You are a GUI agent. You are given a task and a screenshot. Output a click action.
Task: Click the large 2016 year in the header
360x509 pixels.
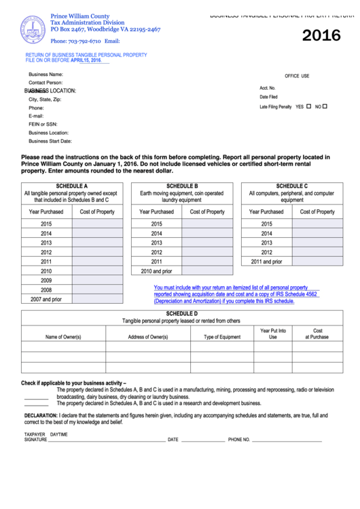321,36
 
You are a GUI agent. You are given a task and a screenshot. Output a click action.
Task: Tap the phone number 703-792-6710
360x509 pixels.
80,41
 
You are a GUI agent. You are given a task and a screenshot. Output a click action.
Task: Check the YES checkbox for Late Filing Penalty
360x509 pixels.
309,106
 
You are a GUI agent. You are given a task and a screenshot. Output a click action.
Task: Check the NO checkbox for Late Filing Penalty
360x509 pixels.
325,106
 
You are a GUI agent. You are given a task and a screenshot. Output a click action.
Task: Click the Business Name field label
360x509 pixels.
46,74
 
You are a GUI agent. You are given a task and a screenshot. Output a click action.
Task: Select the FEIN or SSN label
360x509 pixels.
43,124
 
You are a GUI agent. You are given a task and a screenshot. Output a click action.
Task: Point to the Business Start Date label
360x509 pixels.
50,141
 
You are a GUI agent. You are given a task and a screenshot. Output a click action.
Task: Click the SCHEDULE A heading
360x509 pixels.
72,186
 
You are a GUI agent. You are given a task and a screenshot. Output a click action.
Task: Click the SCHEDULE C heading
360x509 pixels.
292,186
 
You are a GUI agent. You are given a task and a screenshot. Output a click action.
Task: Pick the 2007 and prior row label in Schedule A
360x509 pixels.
46,299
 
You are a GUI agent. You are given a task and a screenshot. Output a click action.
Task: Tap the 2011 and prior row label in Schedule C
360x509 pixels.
266,261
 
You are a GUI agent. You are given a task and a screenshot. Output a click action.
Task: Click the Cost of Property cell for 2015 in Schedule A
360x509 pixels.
97,224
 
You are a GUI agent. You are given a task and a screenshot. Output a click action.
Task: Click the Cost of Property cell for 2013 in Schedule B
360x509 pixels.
207,243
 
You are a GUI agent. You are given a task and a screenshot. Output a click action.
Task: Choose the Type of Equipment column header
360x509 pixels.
222,337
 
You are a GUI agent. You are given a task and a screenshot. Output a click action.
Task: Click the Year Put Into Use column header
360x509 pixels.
273,334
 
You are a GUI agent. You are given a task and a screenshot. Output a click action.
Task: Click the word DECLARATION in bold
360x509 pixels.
41,415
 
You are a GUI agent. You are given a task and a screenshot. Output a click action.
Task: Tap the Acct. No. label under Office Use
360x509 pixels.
268,88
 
